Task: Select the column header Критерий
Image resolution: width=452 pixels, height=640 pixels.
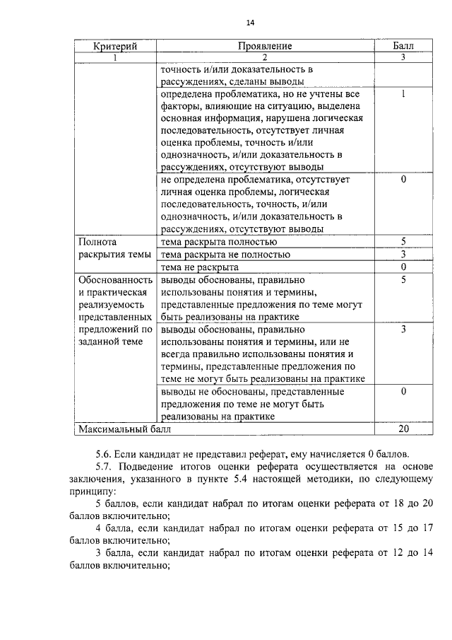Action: coord(114,46)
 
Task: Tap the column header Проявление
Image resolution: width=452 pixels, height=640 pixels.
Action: coord(265,46)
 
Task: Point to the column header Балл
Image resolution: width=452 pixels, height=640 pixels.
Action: coord(403,46)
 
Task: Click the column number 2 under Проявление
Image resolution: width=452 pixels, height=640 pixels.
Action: coord(265,57)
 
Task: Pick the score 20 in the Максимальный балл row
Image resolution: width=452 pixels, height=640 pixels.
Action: coord(403,429)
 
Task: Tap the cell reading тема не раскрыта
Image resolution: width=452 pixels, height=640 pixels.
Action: coord(200,267)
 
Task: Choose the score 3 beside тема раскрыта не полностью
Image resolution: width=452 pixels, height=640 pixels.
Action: coord(403,255)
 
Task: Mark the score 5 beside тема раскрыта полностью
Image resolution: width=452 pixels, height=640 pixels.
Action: coord(403,242)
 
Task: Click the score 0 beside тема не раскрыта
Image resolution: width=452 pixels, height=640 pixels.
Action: coord(403,267)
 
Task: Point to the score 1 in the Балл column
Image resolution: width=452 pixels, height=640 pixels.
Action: coord(403,94)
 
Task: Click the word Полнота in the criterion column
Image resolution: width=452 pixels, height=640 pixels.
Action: coord(97,242)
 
